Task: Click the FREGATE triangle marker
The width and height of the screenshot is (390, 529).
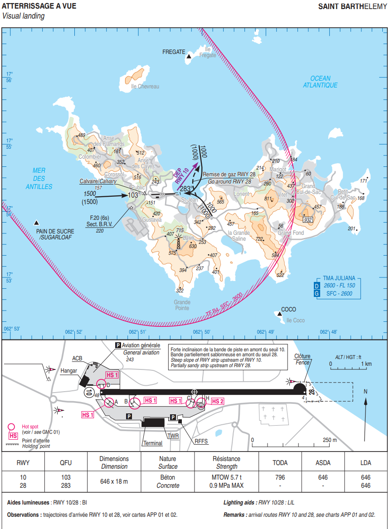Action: pyautogui.click(x=189, y=55)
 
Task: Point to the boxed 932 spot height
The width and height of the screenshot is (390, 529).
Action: pyautogui.click(x=308, y=220)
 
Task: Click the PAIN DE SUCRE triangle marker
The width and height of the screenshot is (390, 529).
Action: pyautogui.click(x=36, y=223)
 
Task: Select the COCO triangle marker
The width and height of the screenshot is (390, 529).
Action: pyautogui.click(x=278, y=313)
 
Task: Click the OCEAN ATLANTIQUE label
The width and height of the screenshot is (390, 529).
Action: pyautogui.click(x=321, y=82)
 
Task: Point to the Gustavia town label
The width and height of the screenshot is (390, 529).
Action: pyautogui.click(x=151, y=220)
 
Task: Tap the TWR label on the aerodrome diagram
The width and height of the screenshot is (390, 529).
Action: pyautogui.click(x=173, y=436)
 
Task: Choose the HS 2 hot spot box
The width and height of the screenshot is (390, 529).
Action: pyautogui.click(x=218, y=401)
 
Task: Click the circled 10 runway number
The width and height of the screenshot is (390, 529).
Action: pyautogui.click(x=89, y=392)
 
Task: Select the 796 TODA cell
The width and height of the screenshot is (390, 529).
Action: pyautogui.click(x=280, y=477)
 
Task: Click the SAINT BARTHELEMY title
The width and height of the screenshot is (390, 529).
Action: pyautogui.click(x=352, y=6)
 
